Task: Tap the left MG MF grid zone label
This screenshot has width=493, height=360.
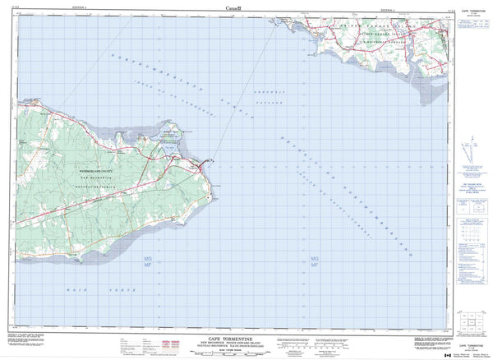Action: tap(143, 263)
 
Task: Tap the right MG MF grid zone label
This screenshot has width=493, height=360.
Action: tap(314, 263)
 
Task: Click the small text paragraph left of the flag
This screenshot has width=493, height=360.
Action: tap(415, 345)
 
